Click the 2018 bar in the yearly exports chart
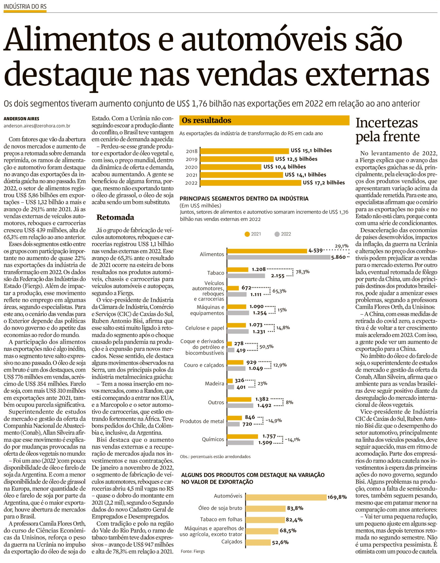(244, 151)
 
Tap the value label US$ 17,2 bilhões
(324, 183)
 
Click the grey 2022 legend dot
(277, 234)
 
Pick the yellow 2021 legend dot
(247, 234)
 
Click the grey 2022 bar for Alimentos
(278, 258)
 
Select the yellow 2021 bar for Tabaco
(238, 270)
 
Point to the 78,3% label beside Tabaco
(302, 272)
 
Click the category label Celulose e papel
(205, 328)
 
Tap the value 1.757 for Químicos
(269, 436)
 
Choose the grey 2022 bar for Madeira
(231, 387)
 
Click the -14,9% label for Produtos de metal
(273, 421)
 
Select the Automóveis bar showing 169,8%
(286, 497)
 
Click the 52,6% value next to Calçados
(280, 542)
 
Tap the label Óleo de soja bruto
(220, 508)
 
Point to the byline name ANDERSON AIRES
(21, 119)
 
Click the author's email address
(37, 126)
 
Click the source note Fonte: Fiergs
(192, 551)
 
